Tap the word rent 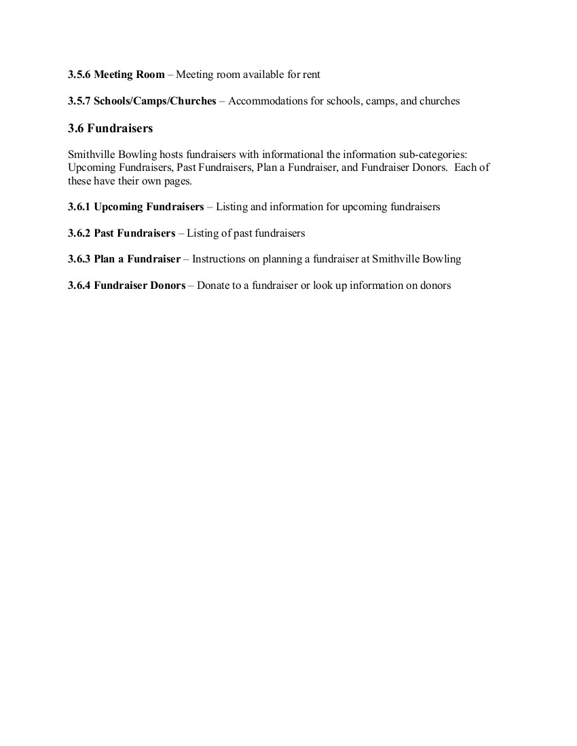[x=311, y=75]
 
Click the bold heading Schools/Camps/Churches [x=155, y=101]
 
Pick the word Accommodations [x=263, y=101]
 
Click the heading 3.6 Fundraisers [x=110, y=128]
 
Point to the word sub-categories [x=435, y=155]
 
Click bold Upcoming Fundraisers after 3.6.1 [x=149, y=207]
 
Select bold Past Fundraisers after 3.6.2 [x=134, y=233]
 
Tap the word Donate [x=214, y=286]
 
